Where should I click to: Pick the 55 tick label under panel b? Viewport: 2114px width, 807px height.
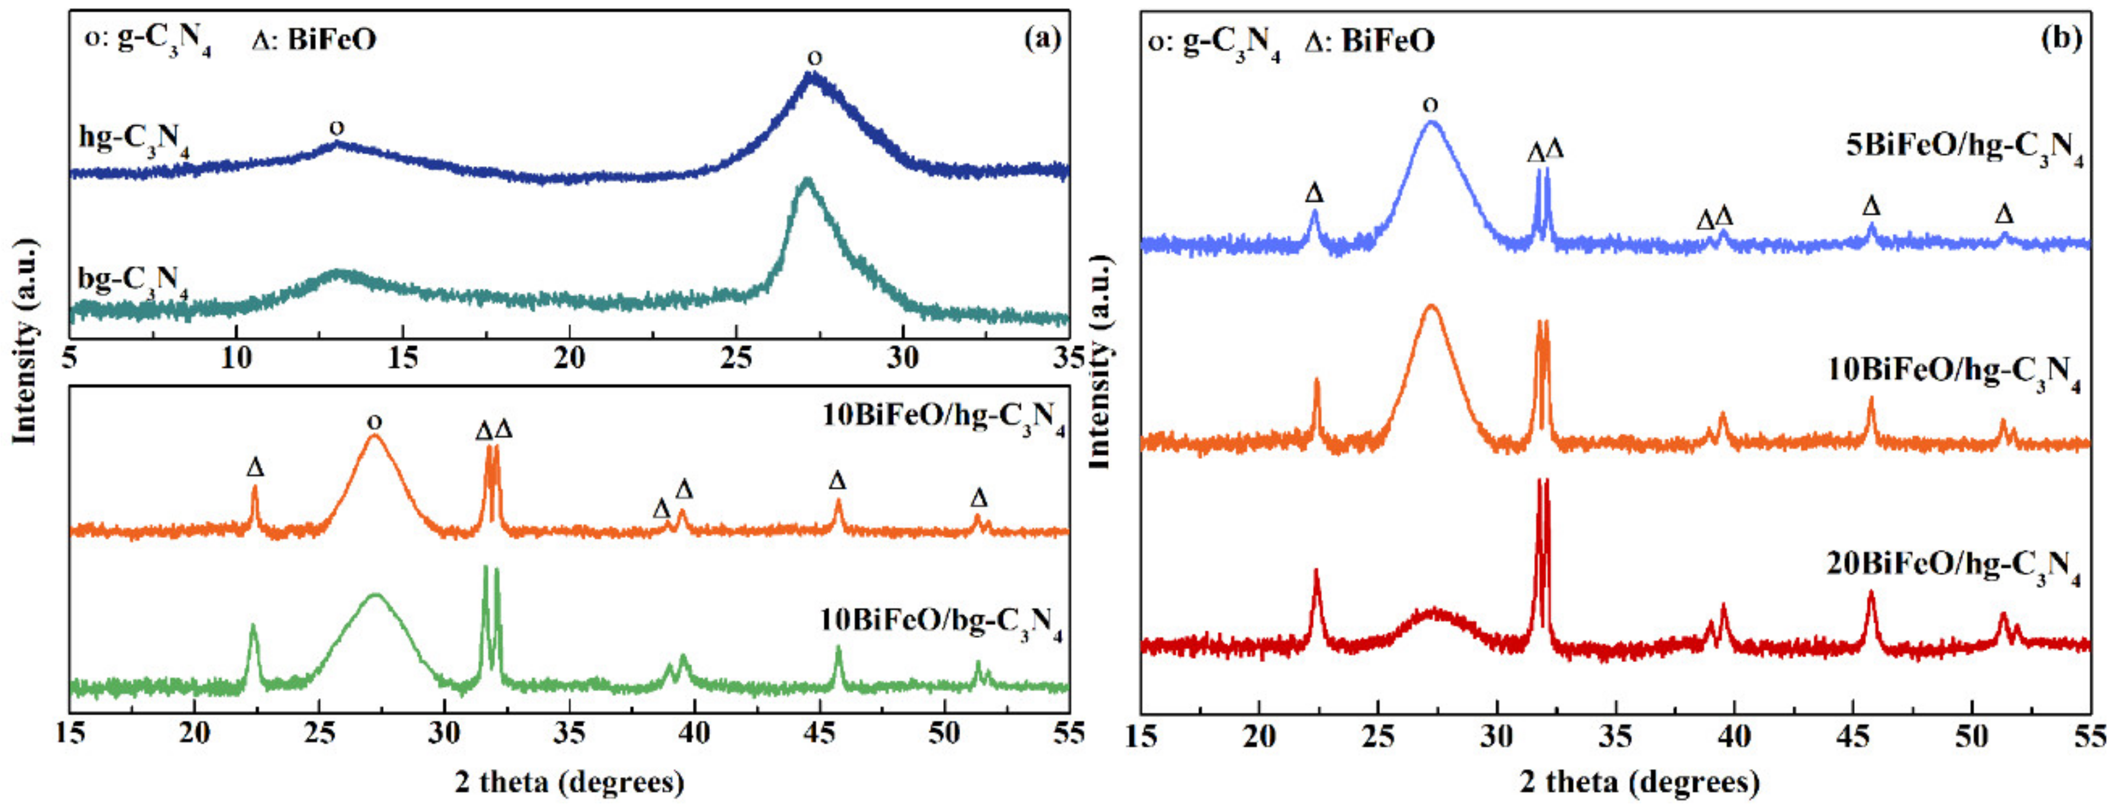(x=2089, y=735)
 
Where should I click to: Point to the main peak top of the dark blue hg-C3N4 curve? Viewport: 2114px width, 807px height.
(x=812, y=76)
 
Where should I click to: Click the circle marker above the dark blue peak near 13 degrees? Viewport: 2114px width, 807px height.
(x=337, y=128)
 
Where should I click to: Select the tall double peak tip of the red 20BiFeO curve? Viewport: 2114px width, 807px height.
(x=1542, y=482)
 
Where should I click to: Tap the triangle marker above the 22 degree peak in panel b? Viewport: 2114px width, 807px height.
(x=1314, y=193)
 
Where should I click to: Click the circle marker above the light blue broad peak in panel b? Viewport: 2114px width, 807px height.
(x=1431, y=105)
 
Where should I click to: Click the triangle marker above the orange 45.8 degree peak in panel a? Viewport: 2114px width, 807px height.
(x=837, y=481)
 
